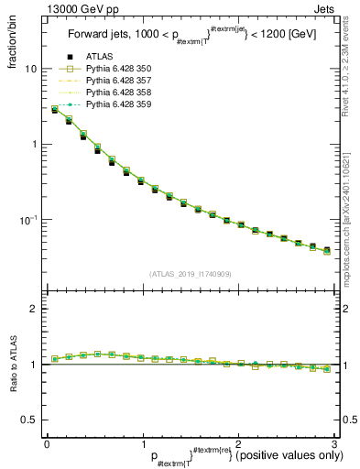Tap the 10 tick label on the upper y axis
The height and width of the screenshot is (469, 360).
click(31, 70)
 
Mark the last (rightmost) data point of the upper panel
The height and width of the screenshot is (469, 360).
click(327, 249)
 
